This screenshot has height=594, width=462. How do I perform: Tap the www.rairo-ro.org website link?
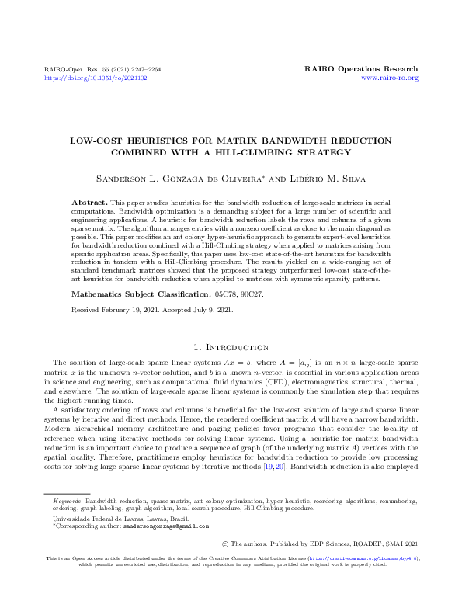point(390,78)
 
